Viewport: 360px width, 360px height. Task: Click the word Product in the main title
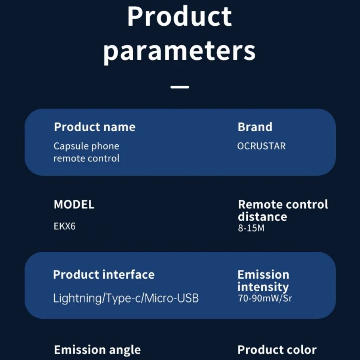(180, 17)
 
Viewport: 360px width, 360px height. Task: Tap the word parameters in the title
(180, 52)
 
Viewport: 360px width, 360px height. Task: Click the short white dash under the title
(180, 87)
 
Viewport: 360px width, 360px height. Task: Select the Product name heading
(95, 127)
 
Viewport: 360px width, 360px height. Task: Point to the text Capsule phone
(86, 146)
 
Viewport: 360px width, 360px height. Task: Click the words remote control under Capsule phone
(86, 159)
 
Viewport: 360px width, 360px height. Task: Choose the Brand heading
(255, 127)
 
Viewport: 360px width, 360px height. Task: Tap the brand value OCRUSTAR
(261, 146)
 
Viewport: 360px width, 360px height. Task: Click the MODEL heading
(74, 204)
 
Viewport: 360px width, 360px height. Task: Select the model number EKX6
(65, 226)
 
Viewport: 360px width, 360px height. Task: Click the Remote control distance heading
(283, 210)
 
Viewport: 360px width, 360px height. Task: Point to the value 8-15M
(251, 228)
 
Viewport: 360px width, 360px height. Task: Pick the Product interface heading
(104, 274)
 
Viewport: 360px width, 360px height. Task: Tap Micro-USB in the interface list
(172, 298)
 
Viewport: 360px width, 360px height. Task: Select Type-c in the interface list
(123, 299)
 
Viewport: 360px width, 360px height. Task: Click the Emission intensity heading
(263, 281)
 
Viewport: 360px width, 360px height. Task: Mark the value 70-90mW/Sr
(265, 298)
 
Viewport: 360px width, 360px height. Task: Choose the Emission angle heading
(98, 350)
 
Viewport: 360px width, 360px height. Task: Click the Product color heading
(277, 350)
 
